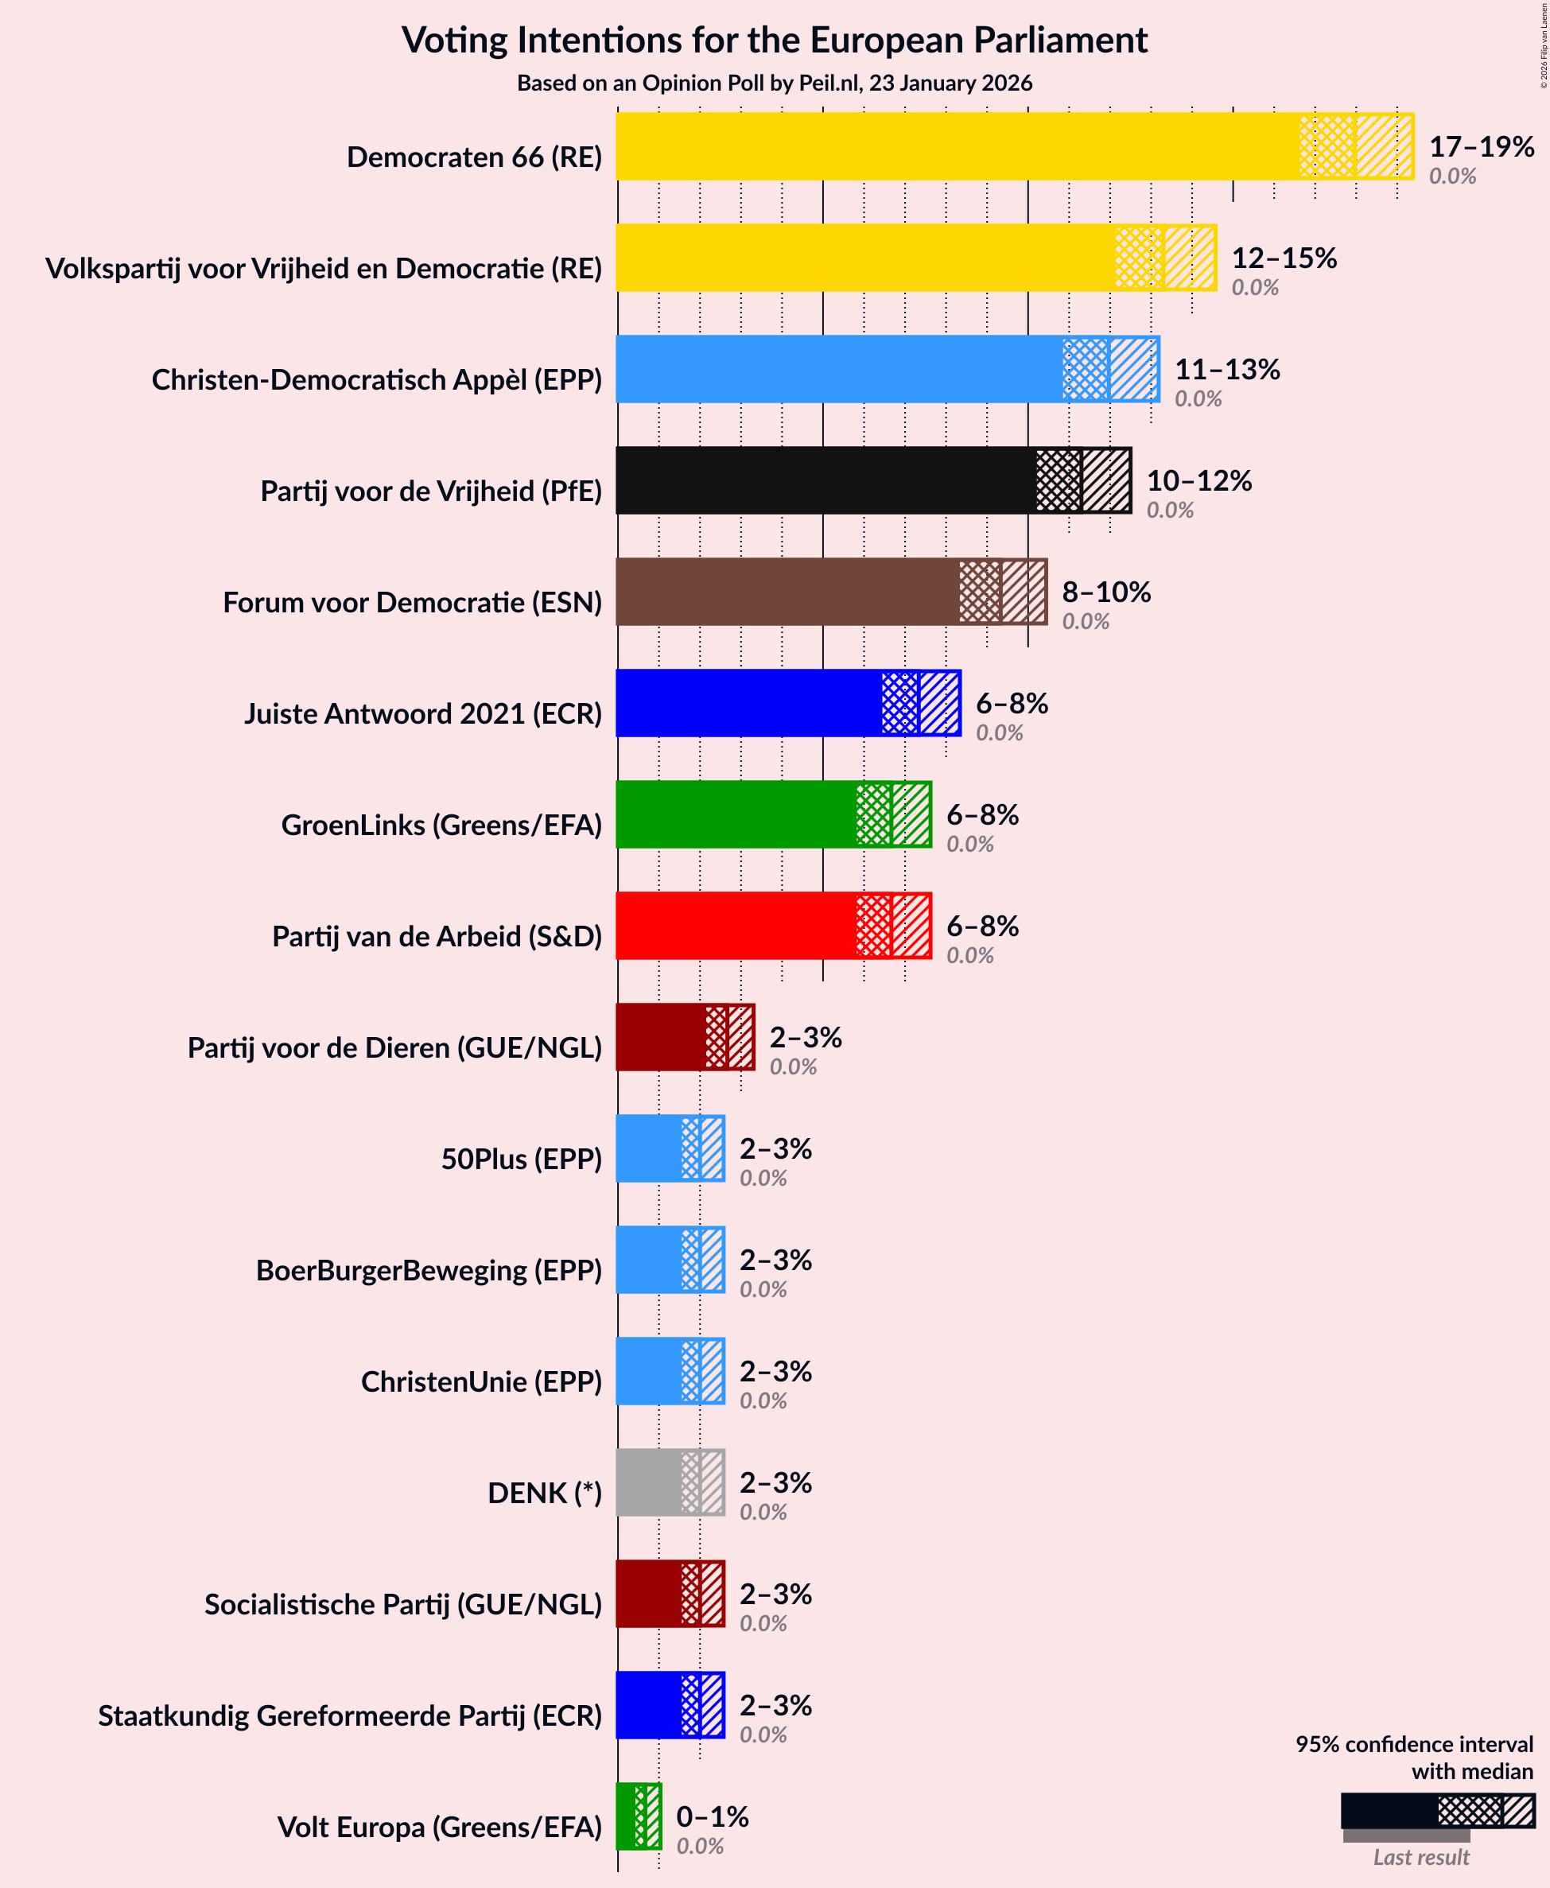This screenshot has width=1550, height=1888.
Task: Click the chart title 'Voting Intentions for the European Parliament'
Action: coord(774,41)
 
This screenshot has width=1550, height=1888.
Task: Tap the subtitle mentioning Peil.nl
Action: coord(774,83)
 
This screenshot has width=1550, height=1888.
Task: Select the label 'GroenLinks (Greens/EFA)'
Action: coord(441,825)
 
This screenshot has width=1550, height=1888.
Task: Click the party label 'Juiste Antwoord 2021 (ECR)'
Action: coord(423,714)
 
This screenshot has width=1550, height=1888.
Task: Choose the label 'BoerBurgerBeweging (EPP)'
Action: coord(429,1270)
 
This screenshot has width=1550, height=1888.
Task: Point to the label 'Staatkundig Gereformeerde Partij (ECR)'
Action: coord(350,1715)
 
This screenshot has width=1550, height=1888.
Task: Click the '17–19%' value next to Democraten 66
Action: coord(1482,146)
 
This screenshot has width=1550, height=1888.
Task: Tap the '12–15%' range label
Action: coord(1284,258)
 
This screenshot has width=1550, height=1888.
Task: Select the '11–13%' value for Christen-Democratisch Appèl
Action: coord(1227,370)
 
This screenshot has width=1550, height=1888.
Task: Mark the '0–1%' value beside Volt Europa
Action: coord(712,1816)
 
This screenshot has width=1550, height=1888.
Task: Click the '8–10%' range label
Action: coord(1105,592)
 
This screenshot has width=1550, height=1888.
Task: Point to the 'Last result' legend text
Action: coord(1420,1858)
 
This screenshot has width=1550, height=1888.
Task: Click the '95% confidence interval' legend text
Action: coord(1413,1744)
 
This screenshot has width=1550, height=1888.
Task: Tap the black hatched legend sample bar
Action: coord(1438,1810)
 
